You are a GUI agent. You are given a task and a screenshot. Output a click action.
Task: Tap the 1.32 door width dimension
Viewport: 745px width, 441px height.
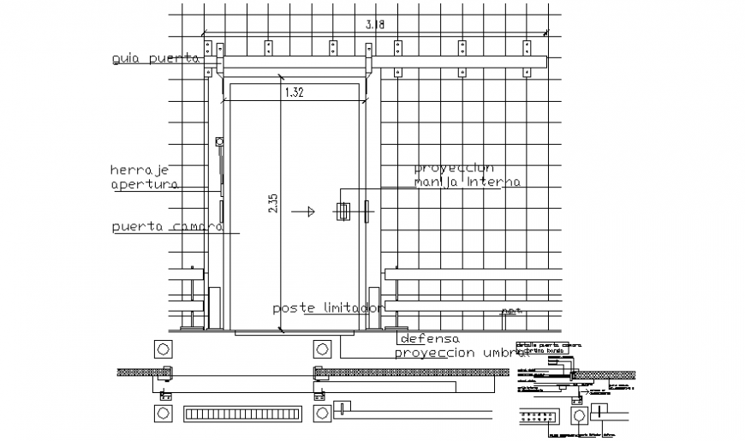(x=294, y=92)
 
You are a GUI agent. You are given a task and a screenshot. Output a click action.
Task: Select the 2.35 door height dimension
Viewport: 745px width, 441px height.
(x=273, y=204)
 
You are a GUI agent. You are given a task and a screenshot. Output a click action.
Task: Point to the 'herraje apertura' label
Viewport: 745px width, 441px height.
(x=144, y=176)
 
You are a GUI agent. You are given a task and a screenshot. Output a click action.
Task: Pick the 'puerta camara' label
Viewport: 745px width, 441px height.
(x=168, y=227)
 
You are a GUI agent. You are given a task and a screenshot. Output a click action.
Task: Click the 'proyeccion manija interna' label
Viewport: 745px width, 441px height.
(x=467, y=175)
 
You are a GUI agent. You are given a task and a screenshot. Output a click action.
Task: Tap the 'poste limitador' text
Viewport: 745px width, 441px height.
(x=326, y=307)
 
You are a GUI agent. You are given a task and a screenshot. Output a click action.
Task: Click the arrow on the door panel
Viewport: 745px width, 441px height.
(x=301, y=210)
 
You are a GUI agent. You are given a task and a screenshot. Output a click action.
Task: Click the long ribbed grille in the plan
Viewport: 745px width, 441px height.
(x=243, y=414)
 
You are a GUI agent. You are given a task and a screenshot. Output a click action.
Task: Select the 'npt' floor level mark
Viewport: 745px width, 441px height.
(x=512, y=311)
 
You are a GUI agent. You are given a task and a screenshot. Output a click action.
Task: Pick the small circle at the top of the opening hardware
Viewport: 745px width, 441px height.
(x=219, y=141)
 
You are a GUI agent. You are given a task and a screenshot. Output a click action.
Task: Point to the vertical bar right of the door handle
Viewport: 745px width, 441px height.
(x=366, y=211)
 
